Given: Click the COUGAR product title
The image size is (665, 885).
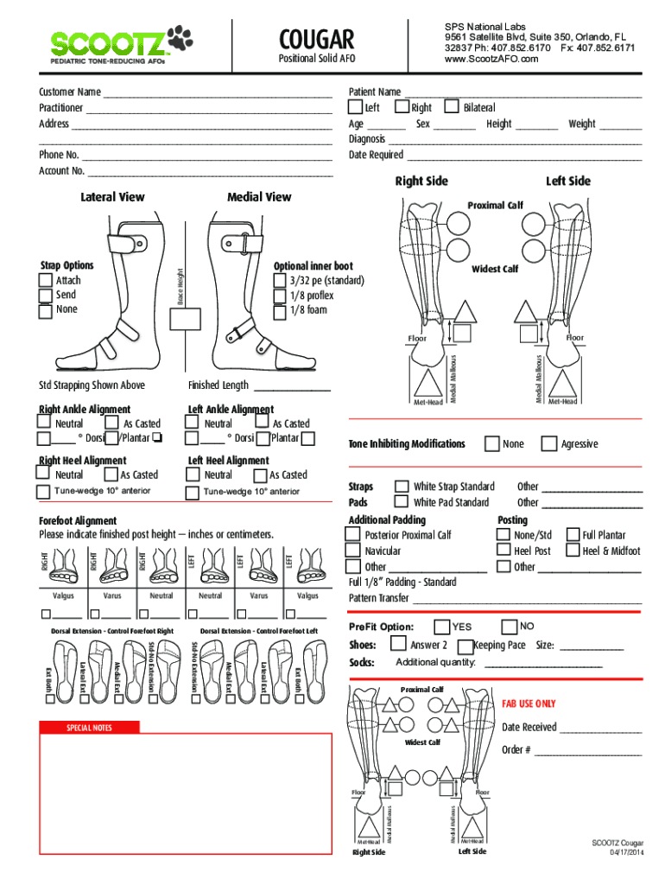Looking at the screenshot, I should [316, 39].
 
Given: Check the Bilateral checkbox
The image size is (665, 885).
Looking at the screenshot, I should [452, 107].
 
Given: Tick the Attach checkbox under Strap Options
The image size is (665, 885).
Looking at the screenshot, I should [45, 281].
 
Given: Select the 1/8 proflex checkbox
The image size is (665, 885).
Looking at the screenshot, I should [279, 296].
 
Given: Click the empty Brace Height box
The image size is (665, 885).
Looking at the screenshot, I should [186, 320].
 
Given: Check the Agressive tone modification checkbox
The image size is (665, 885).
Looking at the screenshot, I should [548, 443].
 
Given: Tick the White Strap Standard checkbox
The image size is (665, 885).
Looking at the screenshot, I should [402, 487].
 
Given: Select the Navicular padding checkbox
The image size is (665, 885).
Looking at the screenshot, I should [352, 551].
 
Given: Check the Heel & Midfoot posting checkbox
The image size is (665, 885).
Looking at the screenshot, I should [573, 551].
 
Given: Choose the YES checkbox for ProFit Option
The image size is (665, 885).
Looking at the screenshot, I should [442, 626].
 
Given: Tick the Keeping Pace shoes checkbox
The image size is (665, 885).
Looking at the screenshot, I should [465, 646].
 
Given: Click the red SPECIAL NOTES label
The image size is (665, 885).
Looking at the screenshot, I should [90, 728].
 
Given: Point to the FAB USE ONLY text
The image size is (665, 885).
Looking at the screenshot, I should [529, 704].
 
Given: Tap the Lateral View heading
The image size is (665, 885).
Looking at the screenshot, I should [112, 197].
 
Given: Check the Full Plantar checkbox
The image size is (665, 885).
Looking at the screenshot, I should [573, 535].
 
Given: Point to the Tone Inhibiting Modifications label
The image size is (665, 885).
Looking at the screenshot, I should [406, 444].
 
